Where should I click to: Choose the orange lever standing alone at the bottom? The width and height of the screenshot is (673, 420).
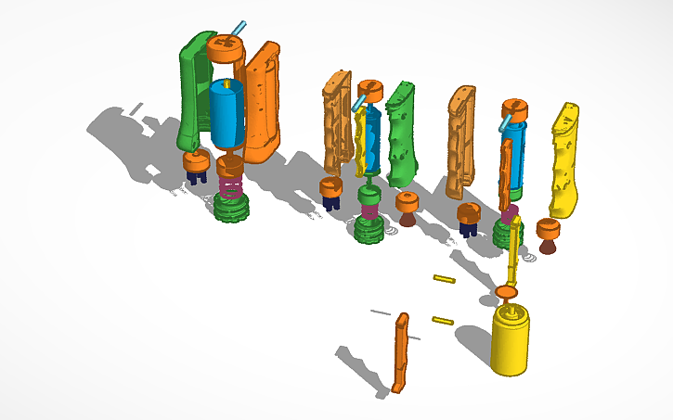(401, 352)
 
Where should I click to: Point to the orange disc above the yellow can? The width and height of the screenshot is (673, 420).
(507, 293)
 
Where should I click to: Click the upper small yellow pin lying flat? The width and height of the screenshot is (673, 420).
(444, 277)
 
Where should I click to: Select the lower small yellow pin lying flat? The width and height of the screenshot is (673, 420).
(442, 321)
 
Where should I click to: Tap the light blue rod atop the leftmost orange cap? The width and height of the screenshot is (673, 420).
(239, 29)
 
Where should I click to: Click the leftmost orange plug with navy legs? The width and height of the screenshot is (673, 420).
(196, 165)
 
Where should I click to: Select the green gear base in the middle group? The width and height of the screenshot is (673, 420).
(369, 229)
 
